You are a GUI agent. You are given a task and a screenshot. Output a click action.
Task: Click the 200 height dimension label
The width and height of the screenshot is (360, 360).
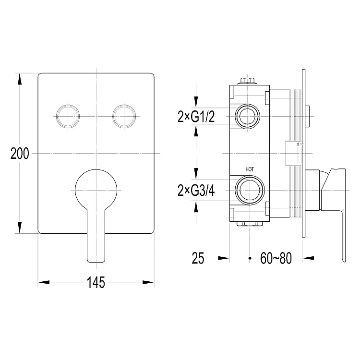pos(20,154)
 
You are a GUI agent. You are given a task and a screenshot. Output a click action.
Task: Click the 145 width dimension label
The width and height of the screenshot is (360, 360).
pos(96,282)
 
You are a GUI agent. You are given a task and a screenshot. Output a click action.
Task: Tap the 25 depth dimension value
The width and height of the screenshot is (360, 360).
pos(198,258)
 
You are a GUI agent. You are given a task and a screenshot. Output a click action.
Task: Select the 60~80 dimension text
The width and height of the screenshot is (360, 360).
pos(276,258)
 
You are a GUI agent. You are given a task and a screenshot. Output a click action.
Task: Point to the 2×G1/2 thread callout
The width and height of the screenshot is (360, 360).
pos(196,117)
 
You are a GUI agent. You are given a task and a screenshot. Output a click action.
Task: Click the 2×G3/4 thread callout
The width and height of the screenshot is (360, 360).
pos(196,191)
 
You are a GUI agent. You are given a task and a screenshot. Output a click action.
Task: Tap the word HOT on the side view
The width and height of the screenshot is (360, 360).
pos(250,169)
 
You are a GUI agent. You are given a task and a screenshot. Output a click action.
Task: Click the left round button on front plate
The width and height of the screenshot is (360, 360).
pos(68,116)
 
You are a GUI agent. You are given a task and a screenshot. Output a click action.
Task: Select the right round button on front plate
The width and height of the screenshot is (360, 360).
pos(124,116)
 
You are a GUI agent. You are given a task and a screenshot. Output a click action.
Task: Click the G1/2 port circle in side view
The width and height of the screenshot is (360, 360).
pos(248,116)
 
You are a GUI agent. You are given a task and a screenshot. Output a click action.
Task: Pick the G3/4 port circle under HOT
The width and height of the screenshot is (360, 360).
pos(250,190)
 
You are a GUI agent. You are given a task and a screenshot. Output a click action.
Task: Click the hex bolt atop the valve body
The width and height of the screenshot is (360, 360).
pos(248,81)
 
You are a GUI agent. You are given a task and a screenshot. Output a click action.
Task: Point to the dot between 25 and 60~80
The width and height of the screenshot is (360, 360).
pos(250,258)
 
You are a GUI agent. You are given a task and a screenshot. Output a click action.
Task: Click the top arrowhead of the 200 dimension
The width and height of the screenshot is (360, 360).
pos(20,79)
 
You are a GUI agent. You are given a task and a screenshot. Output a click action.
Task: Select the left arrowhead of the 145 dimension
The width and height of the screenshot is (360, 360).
pos(44,282)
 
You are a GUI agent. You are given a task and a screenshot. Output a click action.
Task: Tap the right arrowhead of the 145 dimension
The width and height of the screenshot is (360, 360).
pos(148,282)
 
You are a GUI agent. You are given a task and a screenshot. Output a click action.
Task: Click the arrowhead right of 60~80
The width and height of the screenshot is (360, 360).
pos(308,258)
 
